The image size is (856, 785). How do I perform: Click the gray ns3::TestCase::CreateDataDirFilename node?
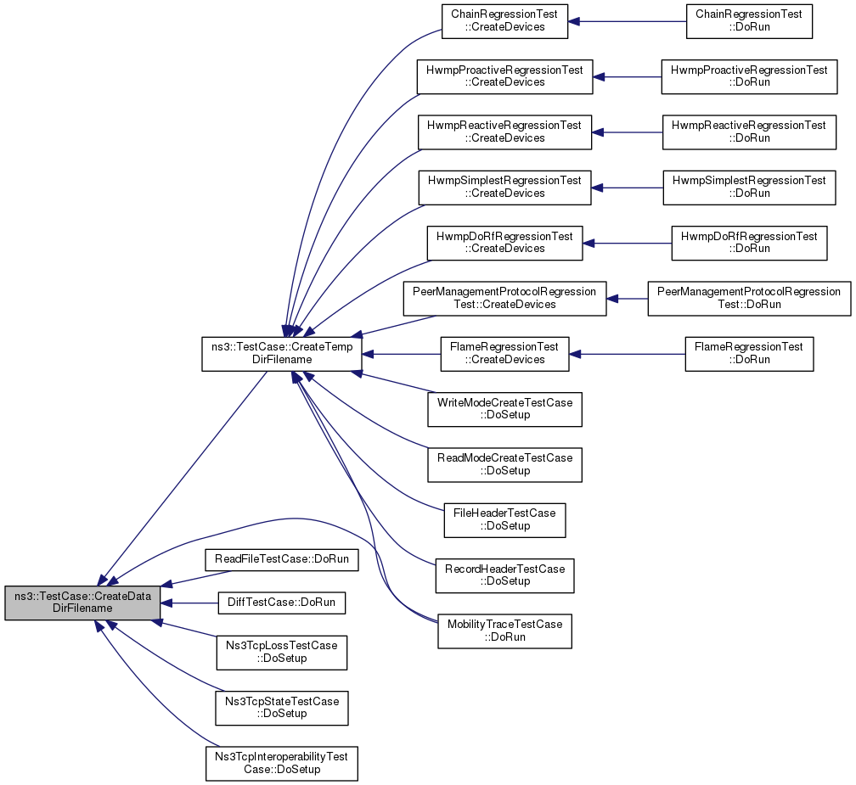[x=83, y=603]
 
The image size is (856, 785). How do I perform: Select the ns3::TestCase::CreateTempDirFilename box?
[x=282, y=354]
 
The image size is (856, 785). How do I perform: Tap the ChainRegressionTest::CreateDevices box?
[x=505, y=21]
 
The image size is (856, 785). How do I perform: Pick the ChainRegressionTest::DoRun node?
[x=749, y=21]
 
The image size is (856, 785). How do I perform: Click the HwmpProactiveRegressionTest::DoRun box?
[x=749, y=77]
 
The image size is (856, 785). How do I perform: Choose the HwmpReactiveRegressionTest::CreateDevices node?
[x=505, y=132]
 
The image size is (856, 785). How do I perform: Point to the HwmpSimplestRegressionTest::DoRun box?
[x=749, y=188]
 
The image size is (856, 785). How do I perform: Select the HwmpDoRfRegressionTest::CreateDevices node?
[x=505, y=243]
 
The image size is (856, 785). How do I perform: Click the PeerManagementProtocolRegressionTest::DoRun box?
[x=749, y=299]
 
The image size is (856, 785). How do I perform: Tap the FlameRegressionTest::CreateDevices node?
[x=505, y=354]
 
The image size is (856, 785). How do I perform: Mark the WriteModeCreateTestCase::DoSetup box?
[x=505, y=409]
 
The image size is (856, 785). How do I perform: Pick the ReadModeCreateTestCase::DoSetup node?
[x=505, y=465]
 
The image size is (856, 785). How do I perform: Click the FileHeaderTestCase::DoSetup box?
[x=505, y=520]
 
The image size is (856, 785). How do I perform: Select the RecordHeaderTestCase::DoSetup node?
[x=505, y=575]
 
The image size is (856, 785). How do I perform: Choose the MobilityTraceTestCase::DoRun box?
[x=505, y=631]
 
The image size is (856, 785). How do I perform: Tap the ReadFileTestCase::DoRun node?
[x=282, y=560]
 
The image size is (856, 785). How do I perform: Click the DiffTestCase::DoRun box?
[x=282, y=603]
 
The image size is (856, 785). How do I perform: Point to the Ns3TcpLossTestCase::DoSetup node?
[x=282, y=653]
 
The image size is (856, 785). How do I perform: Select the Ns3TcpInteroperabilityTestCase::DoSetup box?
[x=282, y=764]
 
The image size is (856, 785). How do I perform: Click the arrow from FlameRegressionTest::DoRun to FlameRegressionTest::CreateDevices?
[x=628, y=354]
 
